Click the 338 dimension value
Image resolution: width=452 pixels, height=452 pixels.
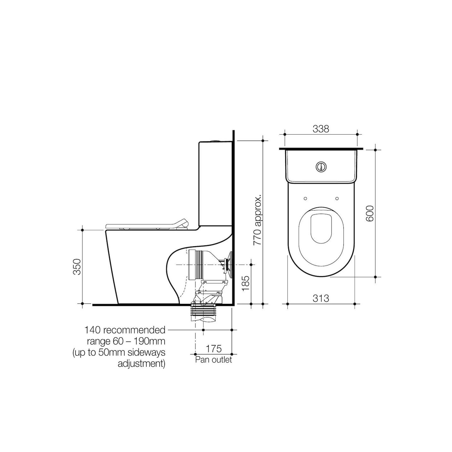coord(321,129)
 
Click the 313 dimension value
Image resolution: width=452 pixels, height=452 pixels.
coord(321,298)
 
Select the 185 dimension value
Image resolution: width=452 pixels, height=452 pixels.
coord(245,283)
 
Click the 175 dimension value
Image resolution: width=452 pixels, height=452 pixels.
coord(214,348)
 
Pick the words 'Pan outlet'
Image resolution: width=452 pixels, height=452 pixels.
coord(214,360)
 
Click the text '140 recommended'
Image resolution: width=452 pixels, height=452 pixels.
coord(125,330)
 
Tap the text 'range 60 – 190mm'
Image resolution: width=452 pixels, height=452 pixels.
coord(126,341)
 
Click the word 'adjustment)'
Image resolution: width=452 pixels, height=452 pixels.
coord(142,364)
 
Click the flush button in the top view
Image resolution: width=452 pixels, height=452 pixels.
coord(321,167)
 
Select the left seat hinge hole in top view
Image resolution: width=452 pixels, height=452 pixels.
coord(305,198)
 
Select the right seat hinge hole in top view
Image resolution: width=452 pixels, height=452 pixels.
coord(337,198)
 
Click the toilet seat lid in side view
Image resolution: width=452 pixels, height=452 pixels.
coord(146,225)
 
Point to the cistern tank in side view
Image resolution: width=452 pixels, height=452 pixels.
coord(215,183)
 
